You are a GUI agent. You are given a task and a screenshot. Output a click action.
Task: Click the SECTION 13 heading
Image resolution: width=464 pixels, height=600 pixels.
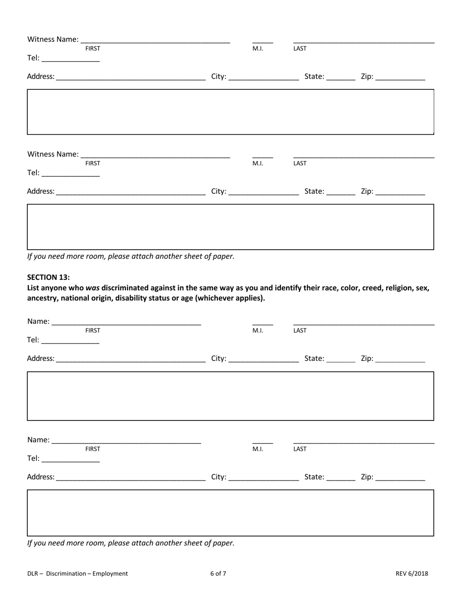[x=48, y=277]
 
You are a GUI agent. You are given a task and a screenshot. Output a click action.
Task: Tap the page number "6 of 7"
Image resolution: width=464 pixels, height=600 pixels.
[x=218, y=574]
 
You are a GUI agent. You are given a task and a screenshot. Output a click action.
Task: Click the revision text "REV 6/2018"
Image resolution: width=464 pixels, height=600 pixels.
[x=412, y=574]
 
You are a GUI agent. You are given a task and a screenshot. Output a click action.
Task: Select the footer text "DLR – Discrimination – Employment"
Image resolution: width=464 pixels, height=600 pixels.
[x=78, y=574]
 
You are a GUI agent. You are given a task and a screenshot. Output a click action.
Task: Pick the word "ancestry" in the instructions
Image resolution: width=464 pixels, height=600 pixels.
[x=42, y=298]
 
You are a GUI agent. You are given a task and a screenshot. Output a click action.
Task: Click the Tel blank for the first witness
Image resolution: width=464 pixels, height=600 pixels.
[x=71, y=58]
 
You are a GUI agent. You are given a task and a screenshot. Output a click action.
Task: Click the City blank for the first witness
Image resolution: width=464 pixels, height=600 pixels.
[x=264, y=77]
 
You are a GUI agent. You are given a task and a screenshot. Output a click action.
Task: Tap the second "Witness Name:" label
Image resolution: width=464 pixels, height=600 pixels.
[x=53, y=154]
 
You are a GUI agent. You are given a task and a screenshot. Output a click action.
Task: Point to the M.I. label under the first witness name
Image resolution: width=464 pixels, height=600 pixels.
[x=257, y=48]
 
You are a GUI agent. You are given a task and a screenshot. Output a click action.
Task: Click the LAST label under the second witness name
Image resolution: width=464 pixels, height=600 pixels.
[x=300, y=163]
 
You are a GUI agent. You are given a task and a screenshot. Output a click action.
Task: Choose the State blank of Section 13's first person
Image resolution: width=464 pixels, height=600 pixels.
[x=341, y=359]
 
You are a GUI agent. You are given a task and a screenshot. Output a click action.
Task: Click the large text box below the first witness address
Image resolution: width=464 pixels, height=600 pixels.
[x=230, y=112]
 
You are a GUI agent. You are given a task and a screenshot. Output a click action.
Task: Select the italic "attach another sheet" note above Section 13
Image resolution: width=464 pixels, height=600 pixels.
[x=131, y=256]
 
